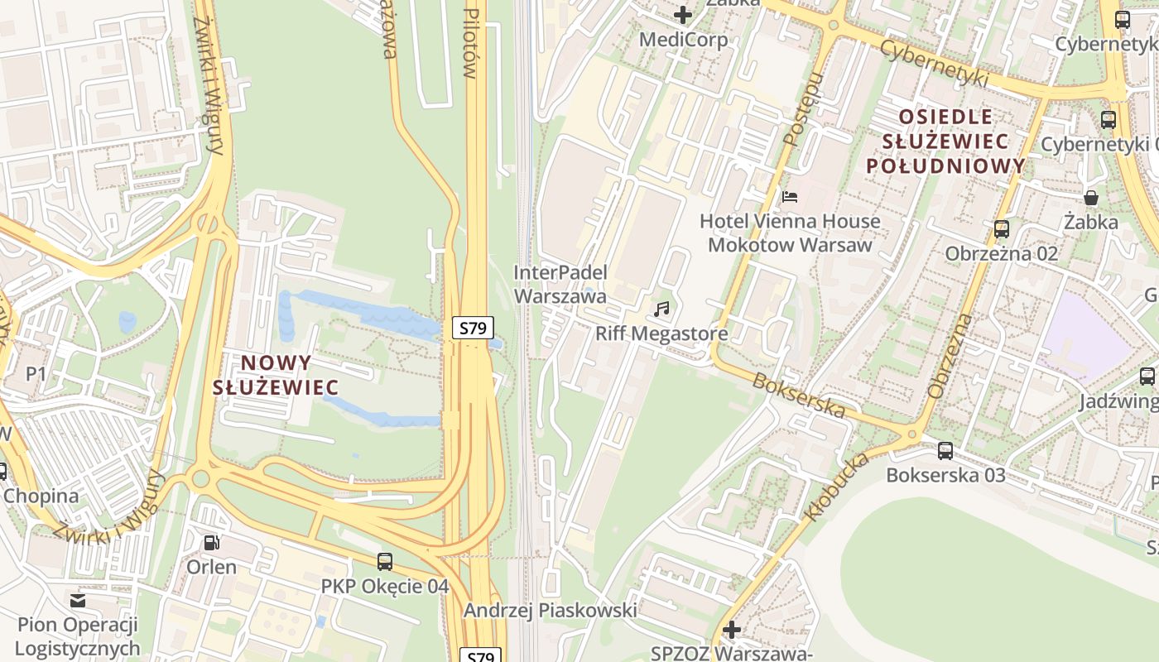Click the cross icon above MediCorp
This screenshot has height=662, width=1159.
coord(683,15)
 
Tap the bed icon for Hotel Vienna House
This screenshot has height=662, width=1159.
coord(790,197)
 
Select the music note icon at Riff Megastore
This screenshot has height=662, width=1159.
coord(661,309)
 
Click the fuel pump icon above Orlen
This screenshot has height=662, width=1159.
coord(212,543)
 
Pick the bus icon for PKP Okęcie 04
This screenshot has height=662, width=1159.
coord(385,562)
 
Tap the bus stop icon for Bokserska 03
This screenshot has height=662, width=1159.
coord(945,451)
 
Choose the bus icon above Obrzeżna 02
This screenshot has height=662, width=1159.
coord(1002,229)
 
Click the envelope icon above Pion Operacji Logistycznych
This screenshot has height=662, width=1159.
coord(78,600)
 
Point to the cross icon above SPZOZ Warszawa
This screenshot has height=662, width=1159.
coord(731,630)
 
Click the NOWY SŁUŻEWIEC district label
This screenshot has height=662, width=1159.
coord(276,375)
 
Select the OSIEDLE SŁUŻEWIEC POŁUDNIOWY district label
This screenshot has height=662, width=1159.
coord(945,142)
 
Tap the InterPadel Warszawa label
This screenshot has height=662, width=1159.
coord(560,284)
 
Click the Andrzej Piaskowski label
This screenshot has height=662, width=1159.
coord(550,611)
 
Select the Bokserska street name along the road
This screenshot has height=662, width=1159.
coord(799,396)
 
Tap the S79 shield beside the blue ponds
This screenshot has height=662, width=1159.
coord(473,328)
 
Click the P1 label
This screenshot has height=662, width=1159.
coord(36,374)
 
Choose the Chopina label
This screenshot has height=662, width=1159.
coord(41,496)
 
